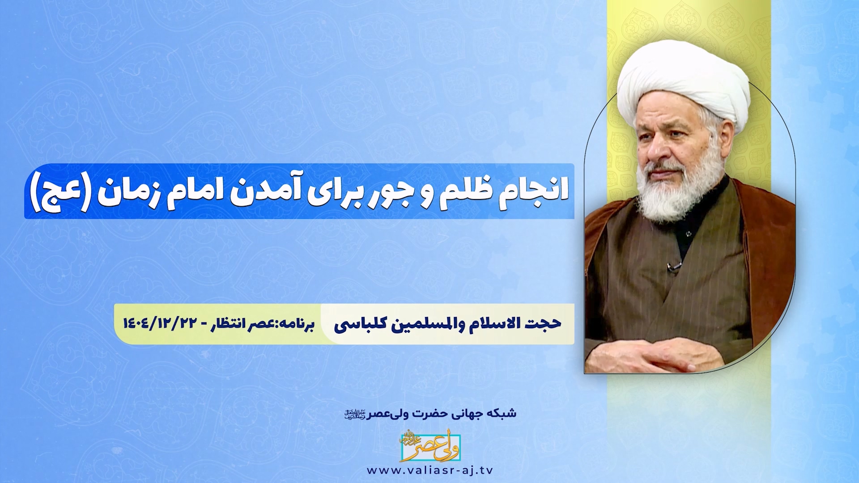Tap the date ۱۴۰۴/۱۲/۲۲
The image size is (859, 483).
159,323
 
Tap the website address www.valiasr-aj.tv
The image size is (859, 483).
429,470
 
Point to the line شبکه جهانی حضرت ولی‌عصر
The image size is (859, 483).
430,413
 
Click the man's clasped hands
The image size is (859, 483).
658,353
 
